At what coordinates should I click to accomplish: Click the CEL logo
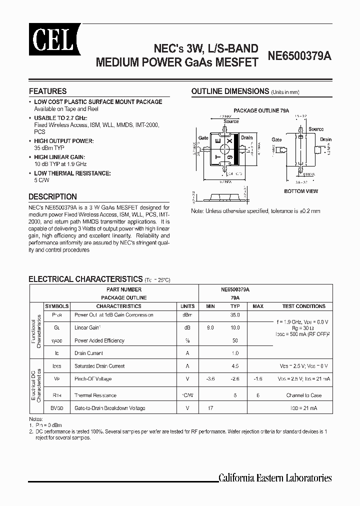47,36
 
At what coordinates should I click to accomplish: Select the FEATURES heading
47,91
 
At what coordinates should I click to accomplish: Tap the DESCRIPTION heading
52,196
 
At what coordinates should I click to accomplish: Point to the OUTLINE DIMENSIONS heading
230,91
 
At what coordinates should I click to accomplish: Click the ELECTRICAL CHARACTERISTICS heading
85,279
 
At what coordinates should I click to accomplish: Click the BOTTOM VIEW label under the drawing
301,191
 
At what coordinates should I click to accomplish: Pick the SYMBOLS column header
56,306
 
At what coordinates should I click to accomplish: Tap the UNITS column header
187,306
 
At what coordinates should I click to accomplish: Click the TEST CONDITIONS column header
303,306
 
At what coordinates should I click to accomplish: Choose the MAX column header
258,306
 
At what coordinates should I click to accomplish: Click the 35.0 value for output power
235,315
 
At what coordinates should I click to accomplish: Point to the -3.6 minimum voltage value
210,379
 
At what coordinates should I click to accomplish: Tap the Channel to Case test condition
303,395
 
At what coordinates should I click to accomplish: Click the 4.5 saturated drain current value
235,366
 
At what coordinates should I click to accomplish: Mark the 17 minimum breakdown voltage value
210,408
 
